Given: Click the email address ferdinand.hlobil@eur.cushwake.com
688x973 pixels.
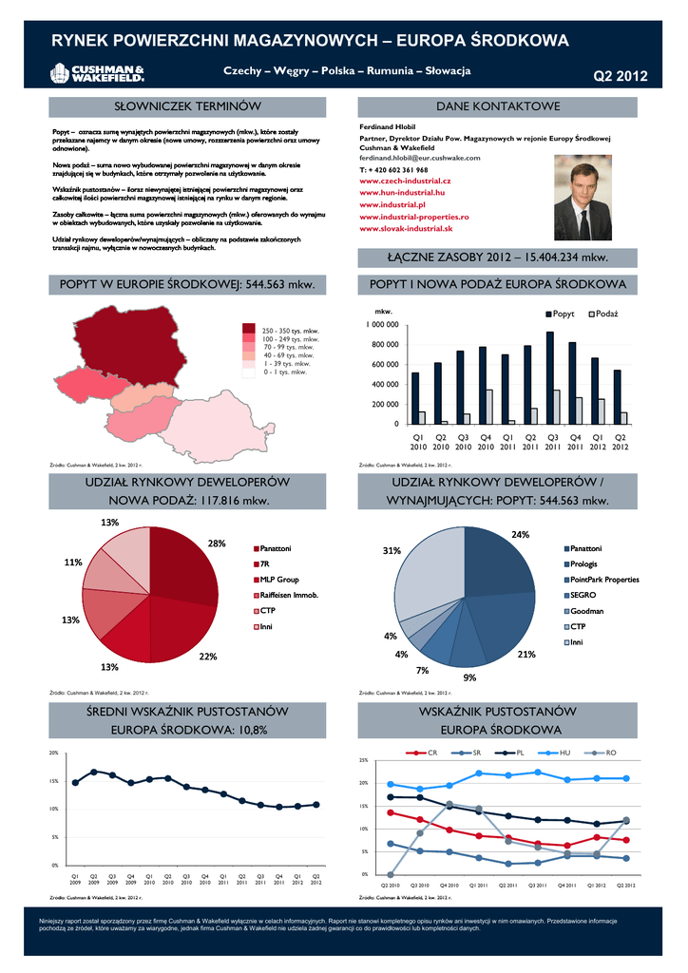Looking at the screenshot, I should [419, 158].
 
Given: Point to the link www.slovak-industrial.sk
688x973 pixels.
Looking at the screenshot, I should [406, 229].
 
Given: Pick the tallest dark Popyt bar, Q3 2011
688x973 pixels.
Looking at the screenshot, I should [549, 377].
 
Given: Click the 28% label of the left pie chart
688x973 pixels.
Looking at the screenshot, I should [216, 544].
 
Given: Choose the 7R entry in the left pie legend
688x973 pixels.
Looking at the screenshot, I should [269, 564].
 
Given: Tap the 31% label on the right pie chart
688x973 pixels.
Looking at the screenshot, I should [391, 551].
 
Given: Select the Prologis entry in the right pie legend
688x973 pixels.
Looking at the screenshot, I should [584, 564].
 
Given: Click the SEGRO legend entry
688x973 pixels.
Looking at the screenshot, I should [583, 595].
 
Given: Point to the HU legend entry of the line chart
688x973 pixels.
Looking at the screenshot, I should [561, 753].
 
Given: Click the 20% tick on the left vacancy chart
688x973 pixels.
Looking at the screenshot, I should [54, 753].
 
